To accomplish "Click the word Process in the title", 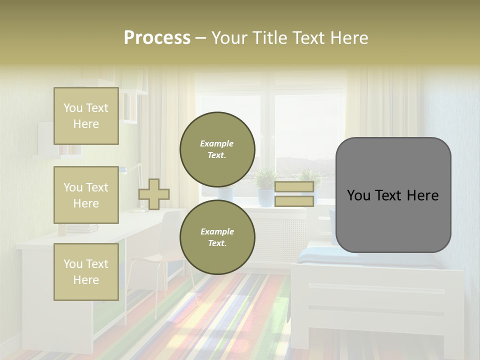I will tap(157, 38).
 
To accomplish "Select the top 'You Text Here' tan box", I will tap(86, 116).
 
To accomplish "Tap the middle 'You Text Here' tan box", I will tap(86, 195).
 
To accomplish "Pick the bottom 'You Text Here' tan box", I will tap(86, 272).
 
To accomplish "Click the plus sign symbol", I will tap(154, 194).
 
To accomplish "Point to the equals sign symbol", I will tap(294, 194).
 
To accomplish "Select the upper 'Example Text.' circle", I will tap(217, 149).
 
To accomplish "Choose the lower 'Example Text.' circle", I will tap(217, 237).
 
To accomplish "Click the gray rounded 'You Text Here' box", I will tap(393, 195).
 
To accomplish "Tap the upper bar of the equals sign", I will tap(294, 187).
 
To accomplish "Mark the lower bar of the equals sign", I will tap(294, 201).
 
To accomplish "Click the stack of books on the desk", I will tap(82, 228).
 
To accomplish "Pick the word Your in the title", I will tap(229, 38).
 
